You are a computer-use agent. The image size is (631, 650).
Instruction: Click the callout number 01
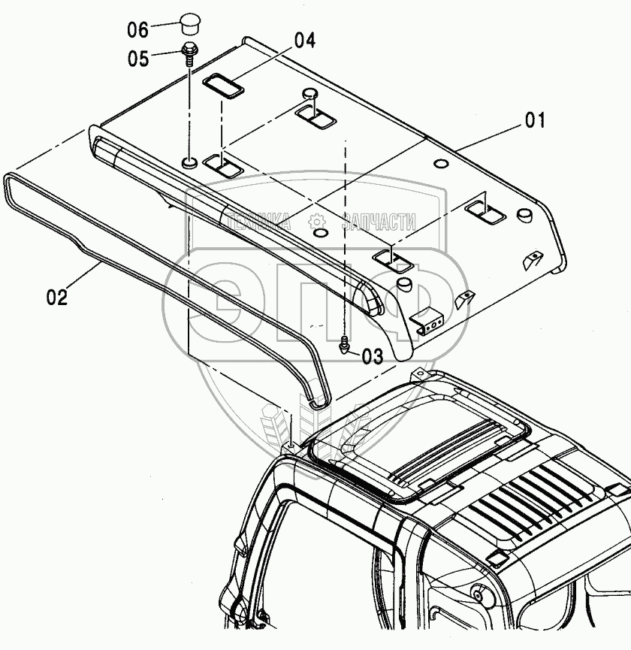point(535,120)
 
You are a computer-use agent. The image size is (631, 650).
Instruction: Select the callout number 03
point(372,356)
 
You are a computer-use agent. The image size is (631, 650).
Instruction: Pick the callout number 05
point(138,58)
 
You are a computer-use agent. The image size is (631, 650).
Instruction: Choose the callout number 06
point(138,30)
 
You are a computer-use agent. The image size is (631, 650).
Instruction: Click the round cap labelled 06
point(186,24)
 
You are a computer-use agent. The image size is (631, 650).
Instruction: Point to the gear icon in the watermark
point(318,221)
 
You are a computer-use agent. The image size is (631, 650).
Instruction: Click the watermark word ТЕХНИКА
point(258,221)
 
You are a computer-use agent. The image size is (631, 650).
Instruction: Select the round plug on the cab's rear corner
point(477,594)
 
